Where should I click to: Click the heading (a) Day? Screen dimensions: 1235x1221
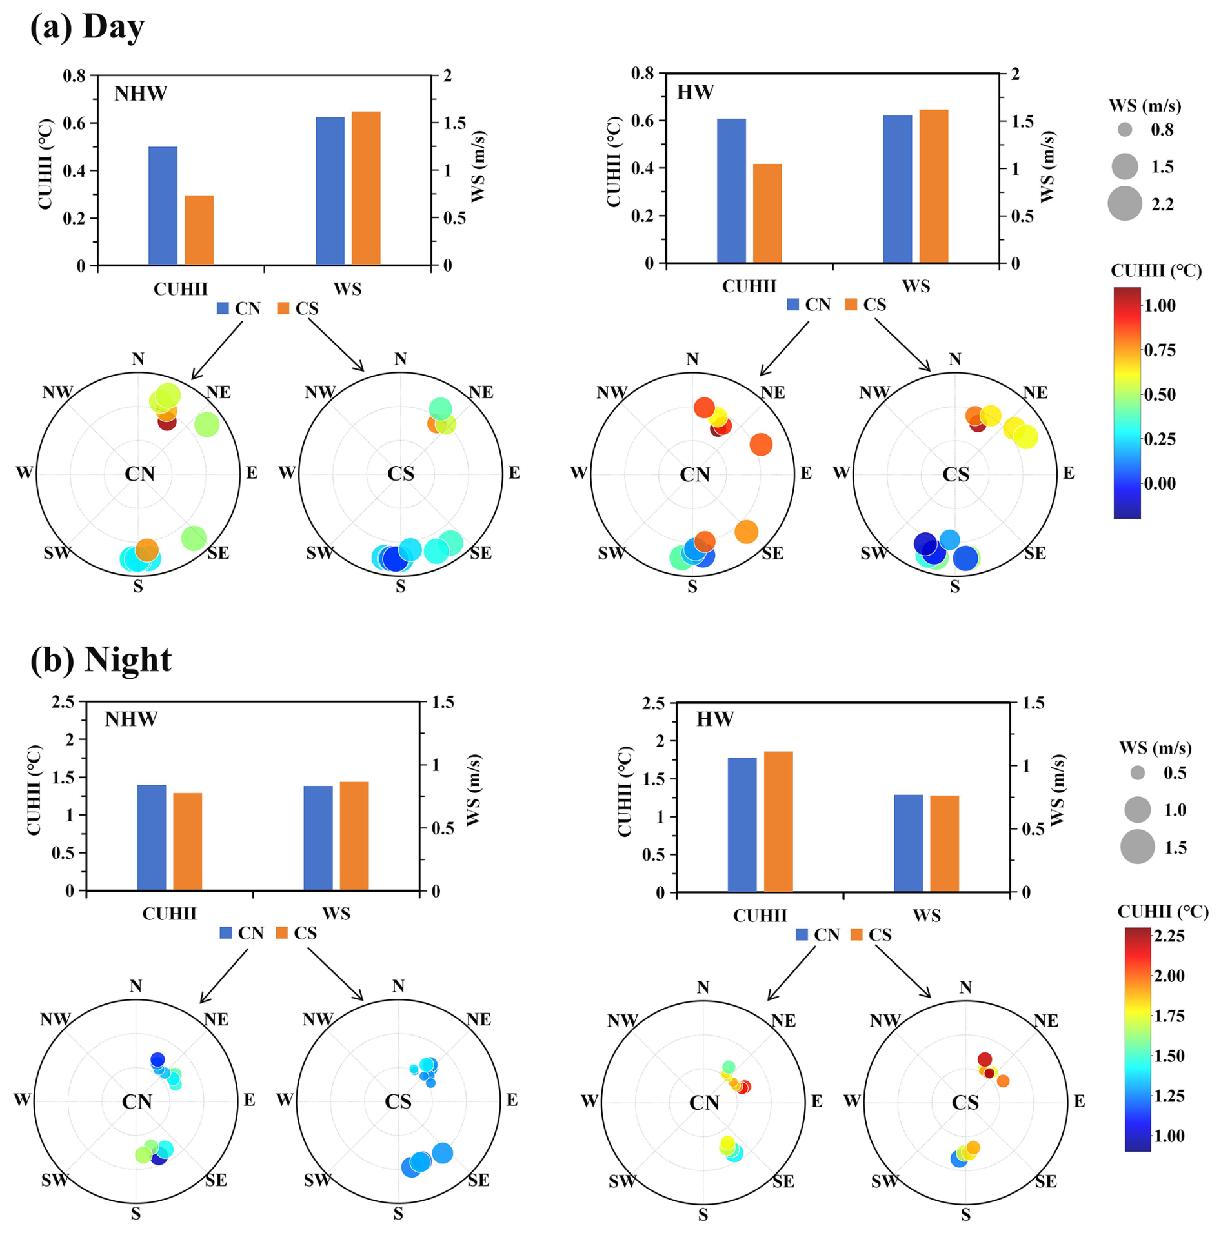tap(87, 27)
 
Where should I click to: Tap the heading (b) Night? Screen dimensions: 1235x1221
tap(101, 659)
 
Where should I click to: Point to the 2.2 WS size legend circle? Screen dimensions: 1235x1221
tap(1124, 204)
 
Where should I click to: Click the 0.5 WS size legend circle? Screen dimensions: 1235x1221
tap(1137, 772)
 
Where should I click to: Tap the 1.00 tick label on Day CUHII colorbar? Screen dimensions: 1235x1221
tap(1160, 306)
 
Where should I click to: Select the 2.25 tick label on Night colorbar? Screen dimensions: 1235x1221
tap(1169, 936)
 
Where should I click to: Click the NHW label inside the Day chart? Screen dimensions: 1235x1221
tap(140, 94)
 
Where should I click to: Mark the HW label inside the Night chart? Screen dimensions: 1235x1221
tap(714, 719)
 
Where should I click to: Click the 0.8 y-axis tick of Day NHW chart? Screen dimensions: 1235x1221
tap(74, 76)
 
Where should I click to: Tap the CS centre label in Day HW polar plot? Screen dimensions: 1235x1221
tap(955, 474)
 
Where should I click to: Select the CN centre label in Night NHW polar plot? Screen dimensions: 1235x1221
tap(137, 1101)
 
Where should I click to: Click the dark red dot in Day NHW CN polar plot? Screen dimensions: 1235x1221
tap(166, 423)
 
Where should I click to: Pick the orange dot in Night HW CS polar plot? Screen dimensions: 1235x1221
tap(1002, 1081)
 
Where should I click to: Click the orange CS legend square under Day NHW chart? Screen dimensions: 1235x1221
tap(283, 308)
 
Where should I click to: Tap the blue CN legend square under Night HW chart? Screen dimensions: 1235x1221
tap(802, 934)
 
